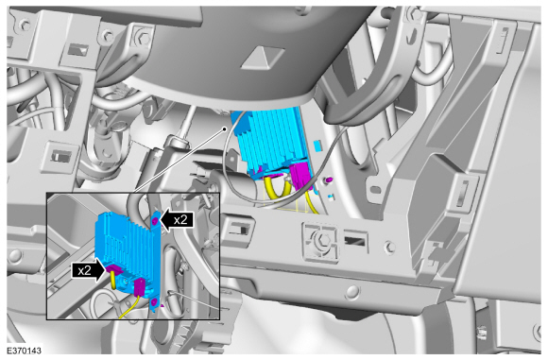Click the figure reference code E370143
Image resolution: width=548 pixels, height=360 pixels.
coord(24,351)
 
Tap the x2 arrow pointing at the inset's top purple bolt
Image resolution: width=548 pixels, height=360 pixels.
coord(177,220)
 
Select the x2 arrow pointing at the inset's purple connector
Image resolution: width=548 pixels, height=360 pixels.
coord(89,270)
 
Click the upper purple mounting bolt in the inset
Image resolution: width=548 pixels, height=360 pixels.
coord(155,220)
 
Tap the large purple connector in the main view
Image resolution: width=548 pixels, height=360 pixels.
coord(300,176)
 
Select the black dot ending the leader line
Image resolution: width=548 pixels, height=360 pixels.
coord(225,129)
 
